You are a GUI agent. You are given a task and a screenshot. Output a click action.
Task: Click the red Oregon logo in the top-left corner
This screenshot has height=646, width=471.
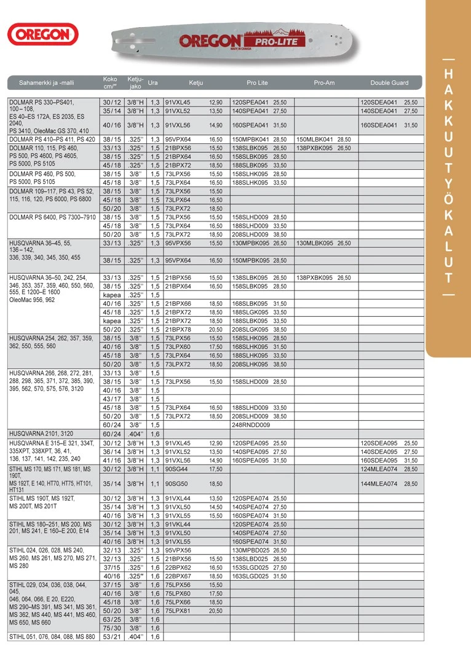[x=42, y=34]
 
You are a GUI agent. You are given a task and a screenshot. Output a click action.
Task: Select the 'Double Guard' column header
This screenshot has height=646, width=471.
[x=389, y=82]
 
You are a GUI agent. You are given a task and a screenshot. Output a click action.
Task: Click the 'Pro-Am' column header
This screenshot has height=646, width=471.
[x=324, y=82]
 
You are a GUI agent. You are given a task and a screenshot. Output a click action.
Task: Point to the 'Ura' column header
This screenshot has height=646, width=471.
[x=153, y=82]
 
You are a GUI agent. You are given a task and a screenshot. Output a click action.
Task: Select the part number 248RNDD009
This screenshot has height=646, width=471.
[x=250, y=425]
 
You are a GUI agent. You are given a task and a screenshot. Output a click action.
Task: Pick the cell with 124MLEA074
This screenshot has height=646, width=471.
[x=377, y=469]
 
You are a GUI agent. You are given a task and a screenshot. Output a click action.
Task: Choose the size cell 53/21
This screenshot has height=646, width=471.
[x=112, y=636]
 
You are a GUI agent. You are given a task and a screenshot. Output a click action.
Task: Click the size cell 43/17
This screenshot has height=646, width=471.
[x=112, y=399]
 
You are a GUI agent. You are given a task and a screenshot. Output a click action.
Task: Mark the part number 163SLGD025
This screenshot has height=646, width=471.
[x=251, y=576]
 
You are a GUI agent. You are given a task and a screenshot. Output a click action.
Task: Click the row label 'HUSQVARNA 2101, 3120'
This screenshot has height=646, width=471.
[x=42, y=433]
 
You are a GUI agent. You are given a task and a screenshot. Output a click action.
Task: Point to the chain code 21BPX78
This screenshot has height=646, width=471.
[x=178, y=329]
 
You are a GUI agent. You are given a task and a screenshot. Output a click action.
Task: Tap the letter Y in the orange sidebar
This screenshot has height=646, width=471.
[x=448, y=183]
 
